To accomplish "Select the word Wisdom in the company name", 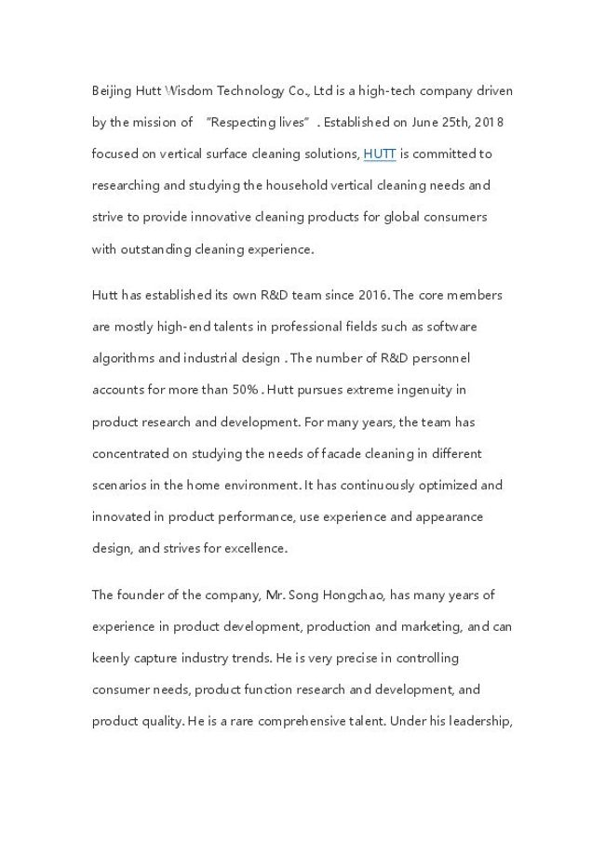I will click(x=188, y=91).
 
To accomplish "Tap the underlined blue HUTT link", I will click(x=379, y=154).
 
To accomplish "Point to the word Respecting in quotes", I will click(x=244, y=122).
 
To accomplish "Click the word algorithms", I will click(x=127, y=358).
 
